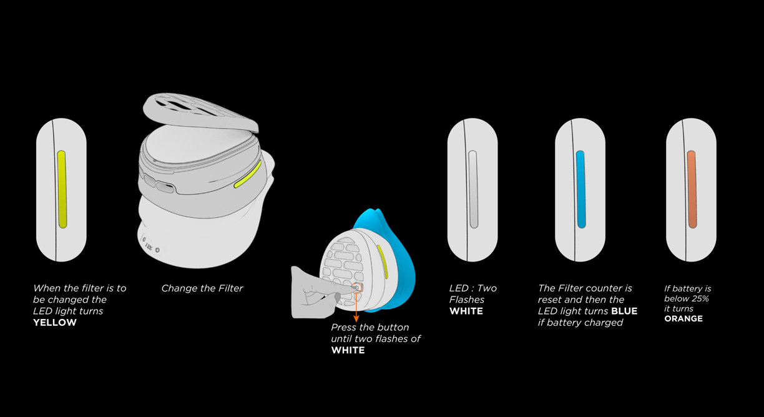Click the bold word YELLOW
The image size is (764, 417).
55,323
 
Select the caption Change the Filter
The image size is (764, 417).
202,288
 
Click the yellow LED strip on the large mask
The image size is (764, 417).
248,174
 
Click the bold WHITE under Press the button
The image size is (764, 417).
348,350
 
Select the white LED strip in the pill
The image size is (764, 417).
473,189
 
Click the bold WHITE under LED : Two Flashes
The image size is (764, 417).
466,311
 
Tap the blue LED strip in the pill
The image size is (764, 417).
580,189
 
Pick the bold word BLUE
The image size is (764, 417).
624,311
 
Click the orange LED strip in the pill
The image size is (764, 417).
692,189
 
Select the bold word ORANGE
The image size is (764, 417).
683,318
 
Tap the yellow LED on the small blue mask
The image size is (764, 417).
383,261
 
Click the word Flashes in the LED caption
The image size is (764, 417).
467,300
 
